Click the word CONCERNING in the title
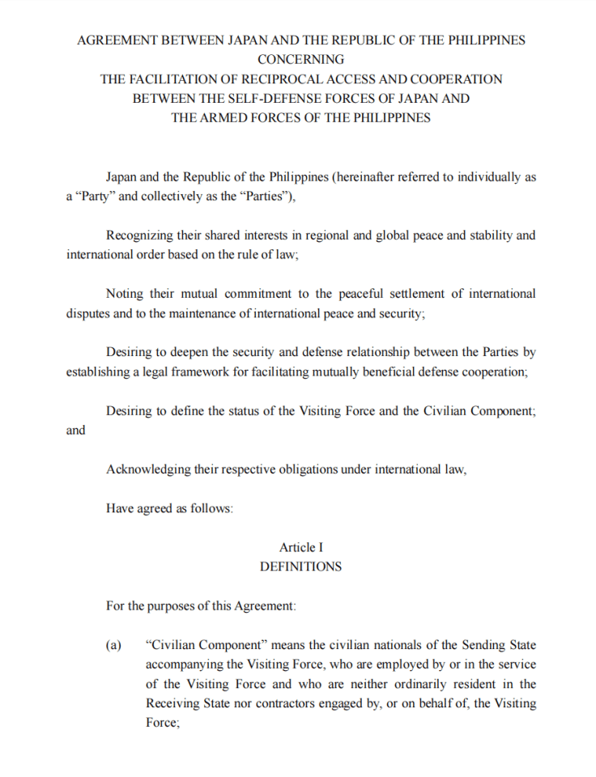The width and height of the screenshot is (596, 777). coord(300,59)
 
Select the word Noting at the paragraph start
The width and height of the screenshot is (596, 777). coord(123,294)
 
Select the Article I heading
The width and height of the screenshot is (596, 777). coord(300,548)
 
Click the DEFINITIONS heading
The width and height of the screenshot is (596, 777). coord(300,567)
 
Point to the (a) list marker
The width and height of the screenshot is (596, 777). coord(113,645)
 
